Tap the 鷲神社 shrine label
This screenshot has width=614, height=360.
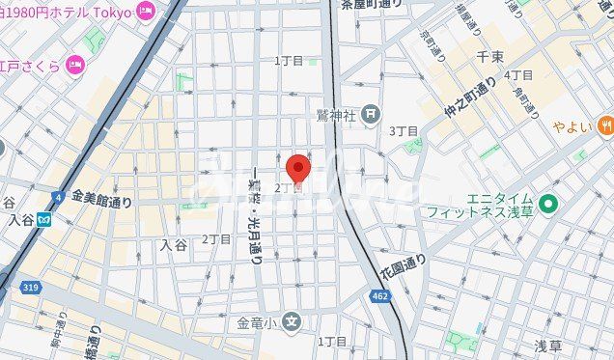[336, 115]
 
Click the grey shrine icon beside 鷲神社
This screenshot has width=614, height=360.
[374, 115]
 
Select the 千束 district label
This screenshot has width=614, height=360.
[489, 58]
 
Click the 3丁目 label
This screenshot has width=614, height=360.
[404, 130]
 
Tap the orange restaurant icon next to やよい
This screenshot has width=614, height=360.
[604, 125]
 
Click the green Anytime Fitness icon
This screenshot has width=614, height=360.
[549, 203]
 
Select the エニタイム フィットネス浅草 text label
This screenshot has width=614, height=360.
[500, 205]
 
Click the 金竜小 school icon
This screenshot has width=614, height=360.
[293, 321]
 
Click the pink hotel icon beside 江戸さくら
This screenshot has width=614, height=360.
[76, 65]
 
